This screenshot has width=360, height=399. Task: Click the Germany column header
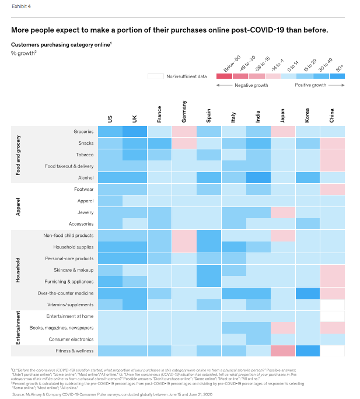(185, 112)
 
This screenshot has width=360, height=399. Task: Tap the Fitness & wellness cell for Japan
(283, 351)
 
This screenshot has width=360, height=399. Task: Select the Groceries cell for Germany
(185, 131)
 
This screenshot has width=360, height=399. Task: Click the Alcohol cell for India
(258, 177)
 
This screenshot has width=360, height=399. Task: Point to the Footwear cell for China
(333, 189)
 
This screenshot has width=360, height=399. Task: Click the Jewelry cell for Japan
(283, 212)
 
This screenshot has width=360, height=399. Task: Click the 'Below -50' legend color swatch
(224, 76)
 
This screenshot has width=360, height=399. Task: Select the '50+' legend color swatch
(337, 76)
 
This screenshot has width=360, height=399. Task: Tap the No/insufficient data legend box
(155, 76)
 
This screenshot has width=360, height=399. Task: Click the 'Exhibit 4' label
(22, 6)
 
